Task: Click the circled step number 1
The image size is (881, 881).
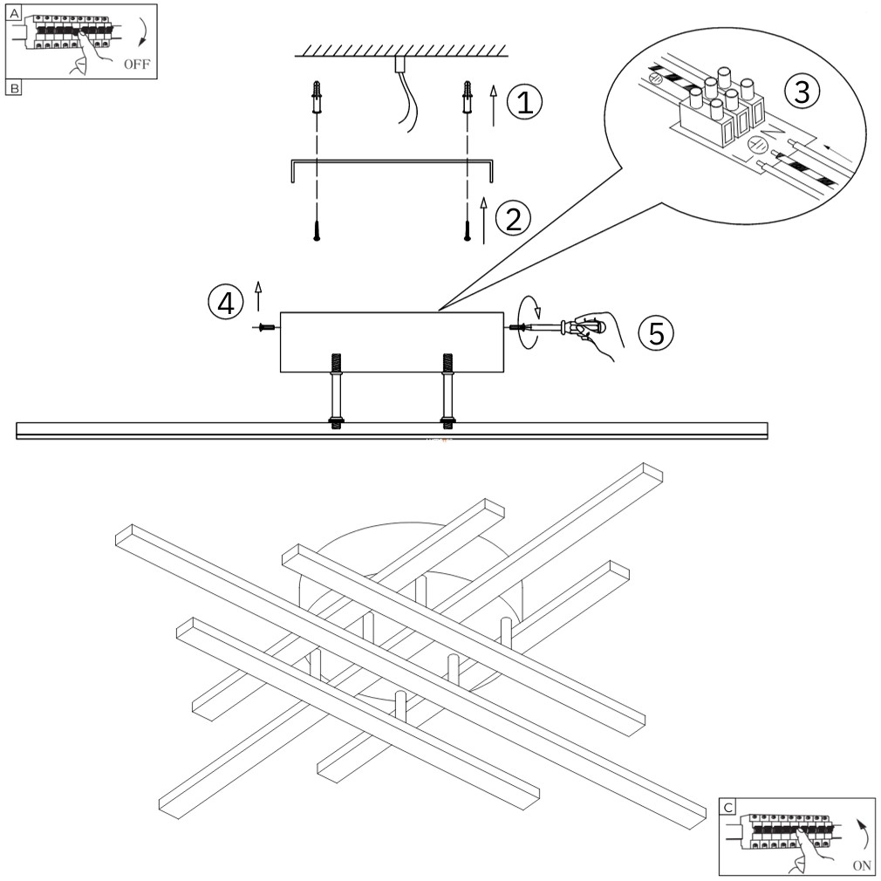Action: coord(524,103)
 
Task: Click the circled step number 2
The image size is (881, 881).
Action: coord(513,217)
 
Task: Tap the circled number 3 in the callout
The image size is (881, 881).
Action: coord(802,92)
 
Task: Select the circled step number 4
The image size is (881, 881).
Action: coord(225,303)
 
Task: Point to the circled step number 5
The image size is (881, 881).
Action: coord(654,331)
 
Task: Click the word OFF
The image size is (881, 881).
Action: coord(137,65)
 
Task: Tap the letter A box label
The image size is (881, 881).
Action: coord(13,11)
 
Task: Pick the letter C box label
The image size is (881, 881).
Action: coord(727,808)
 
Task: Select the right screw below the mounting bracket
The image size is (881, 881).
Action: coord(468,232)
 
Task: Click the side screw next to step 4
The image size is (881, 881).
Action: coord(267,328)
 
